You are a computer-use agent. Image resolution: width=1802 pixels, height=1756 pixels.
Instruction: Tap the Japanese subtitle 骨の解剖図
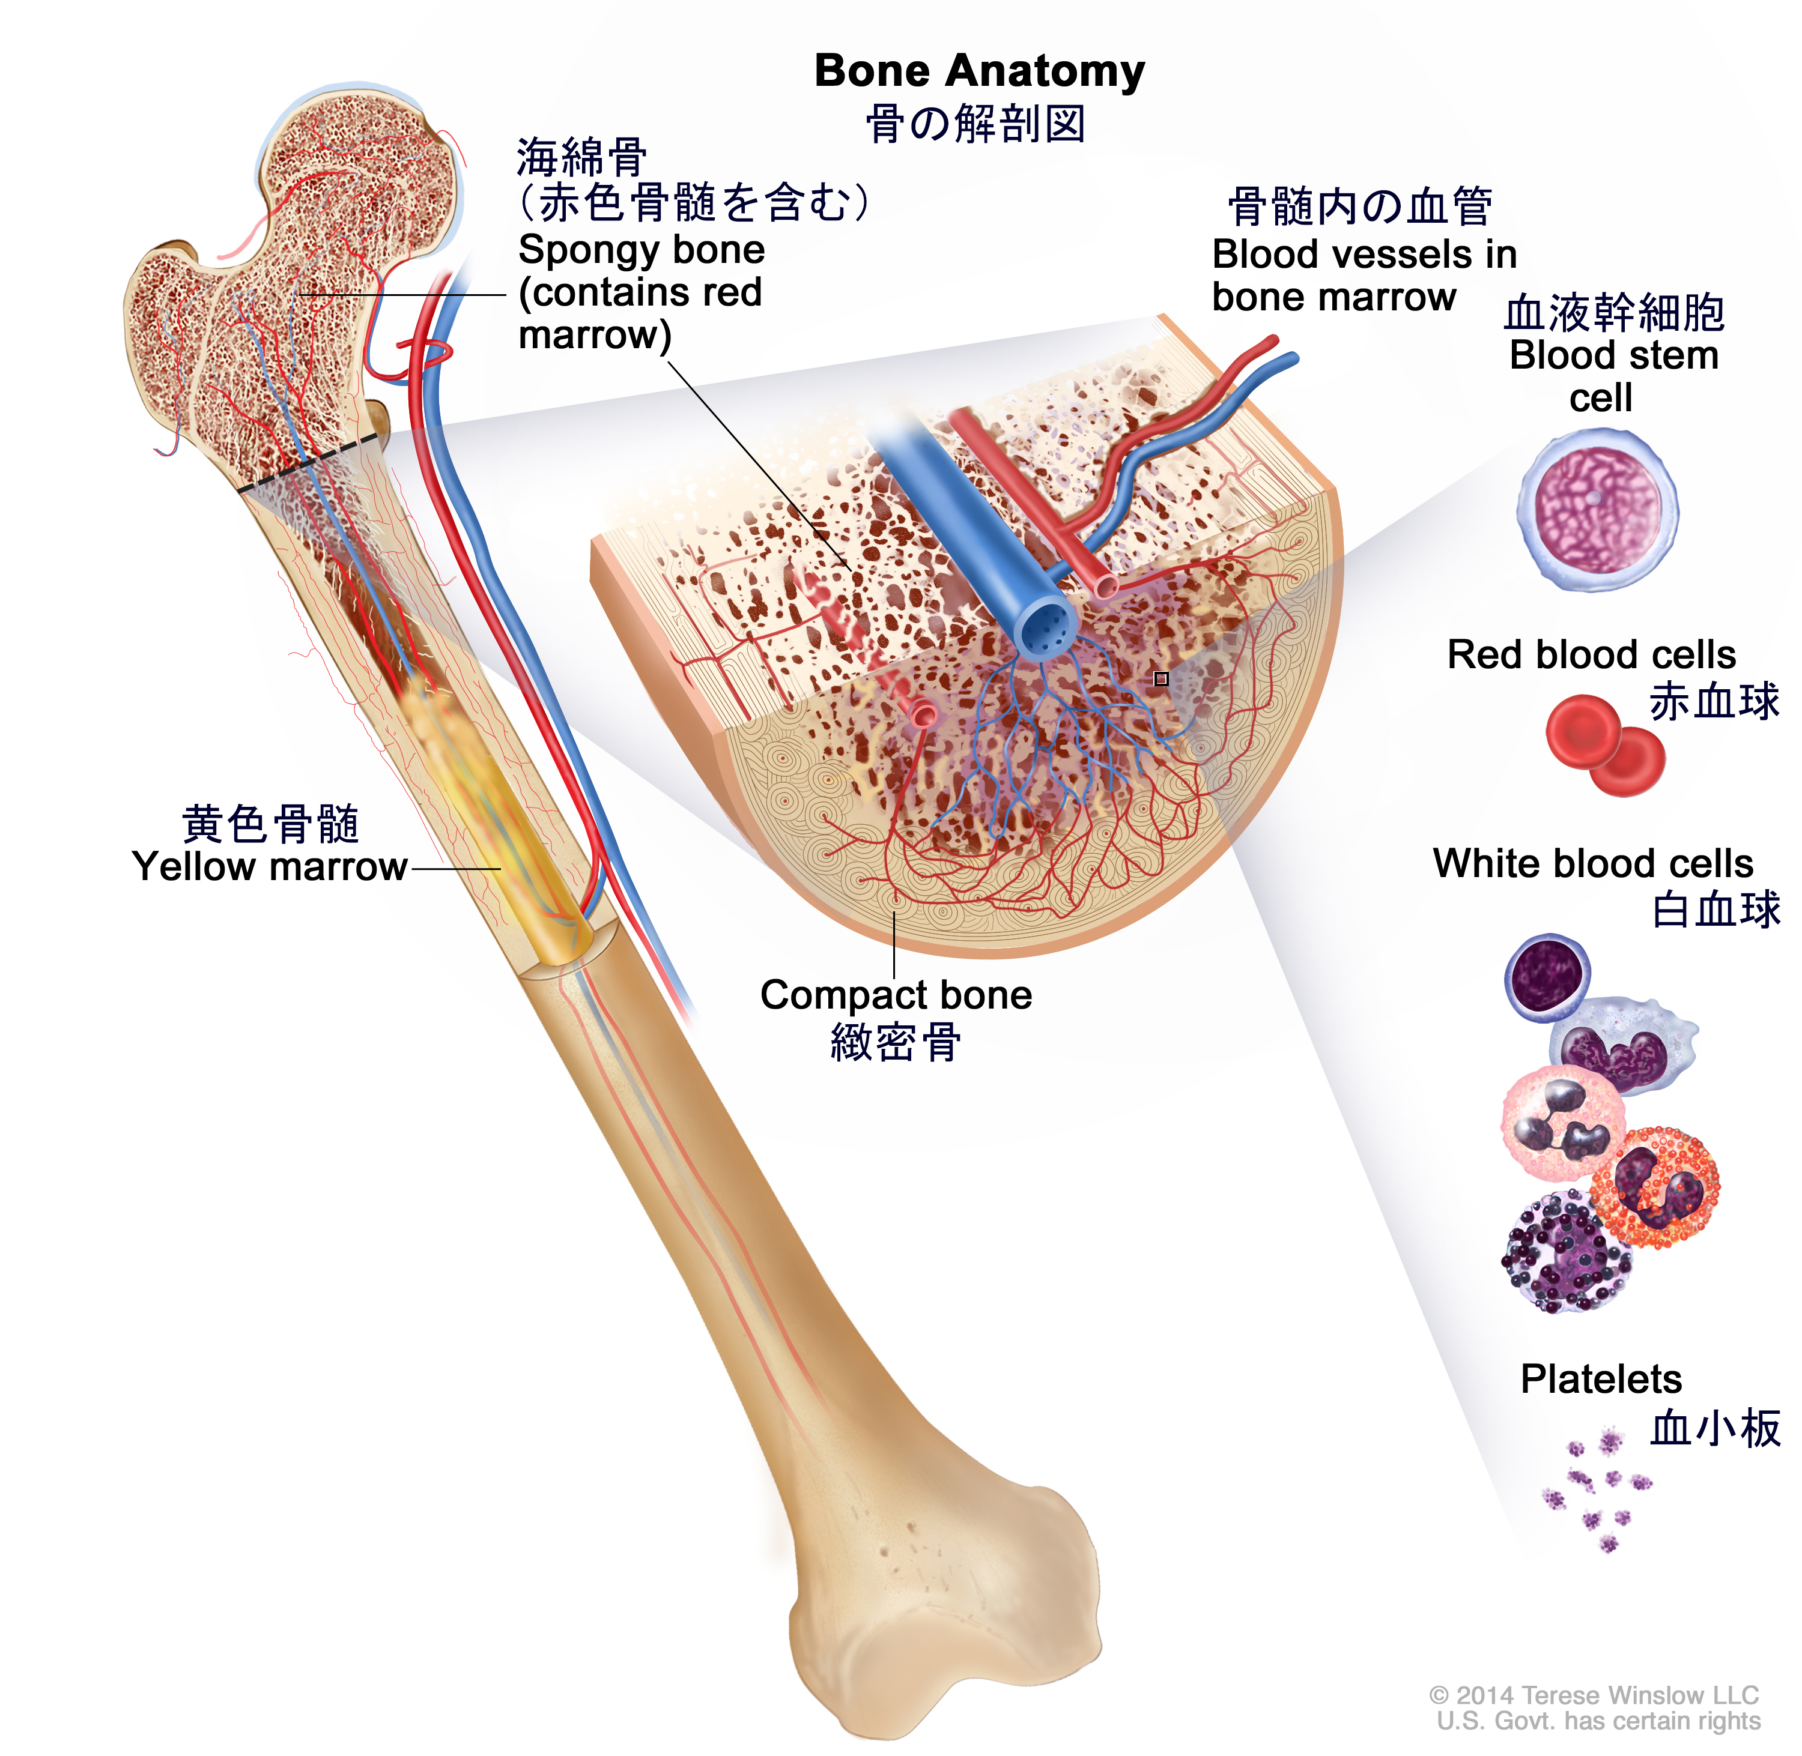coord(975,124)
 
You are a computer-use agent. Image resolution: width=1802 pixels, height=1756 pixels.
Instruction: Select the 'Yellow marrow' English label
coord(270,867)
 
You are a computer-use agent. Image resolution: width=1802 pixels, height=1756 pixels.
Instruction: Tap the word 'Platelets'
coord(1601,1380)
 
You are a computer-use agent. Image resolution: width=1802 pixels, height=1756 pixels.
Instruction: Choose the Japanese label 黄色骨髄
coord(270,824)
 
